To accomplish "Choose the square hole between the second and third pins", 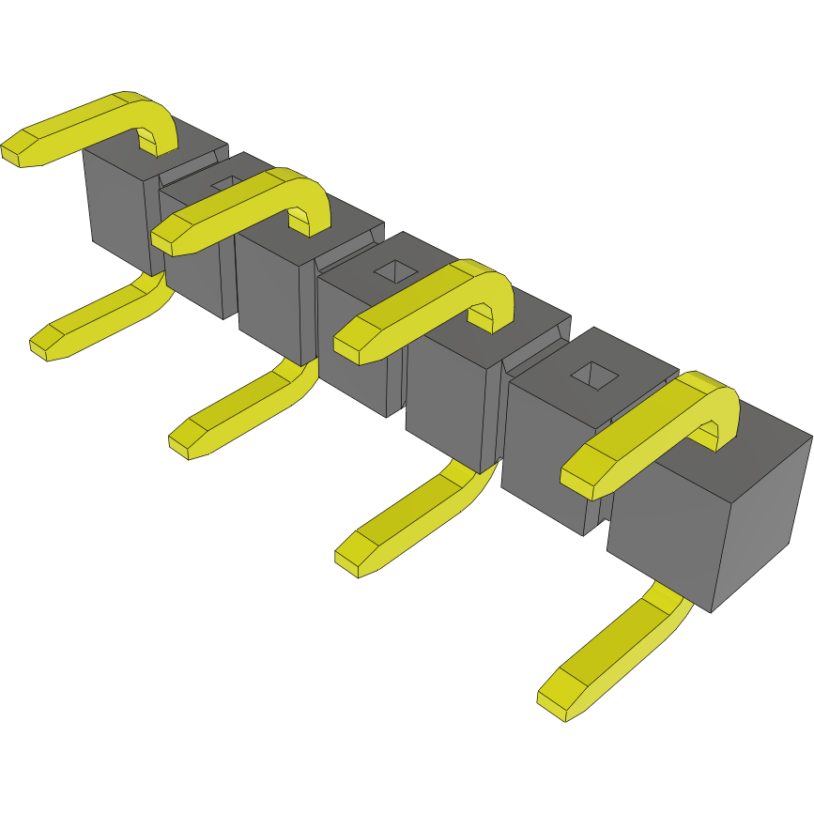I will pos(396,271).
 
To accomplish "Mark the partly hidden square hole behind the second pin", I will pos(225,182).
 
